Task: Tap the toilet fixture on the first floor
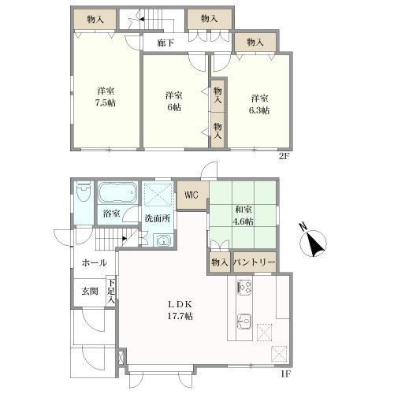pos(84,191)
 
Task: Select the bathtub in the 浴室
pos(117,193)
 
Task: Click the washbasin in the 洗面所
pos(164,240)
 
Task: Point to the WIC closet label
pos(191,195)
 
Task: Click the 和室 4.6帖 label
pos(243,215)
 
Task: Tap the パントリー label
pos(255,262)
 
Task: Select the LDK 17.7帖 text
pos(180,310)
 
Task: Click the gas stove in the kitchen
pos(244,288)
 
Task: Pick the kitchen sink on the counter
pos(244,322)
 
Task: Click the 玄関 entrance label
pos(90,291)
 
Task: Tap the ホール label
pos(95,262)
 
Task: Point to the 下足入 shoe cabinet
pos(111,291)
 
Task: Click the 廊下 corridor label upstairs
pos(165,43)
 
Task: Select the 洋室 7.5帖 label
pos(106,97)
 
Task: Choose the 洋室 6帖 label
pos(174,101)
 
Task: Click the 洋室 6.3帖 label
pos(259,104)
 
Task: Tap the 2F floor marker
pos(284,157)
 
